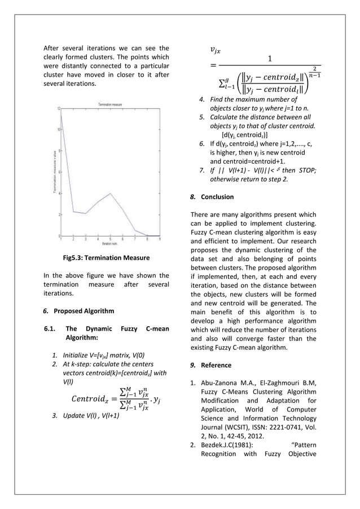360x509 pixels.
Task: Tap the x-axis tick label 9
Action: [x=160, y=239]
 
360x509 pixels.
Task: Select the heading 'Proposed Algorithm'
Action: [x=84, y=311]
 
